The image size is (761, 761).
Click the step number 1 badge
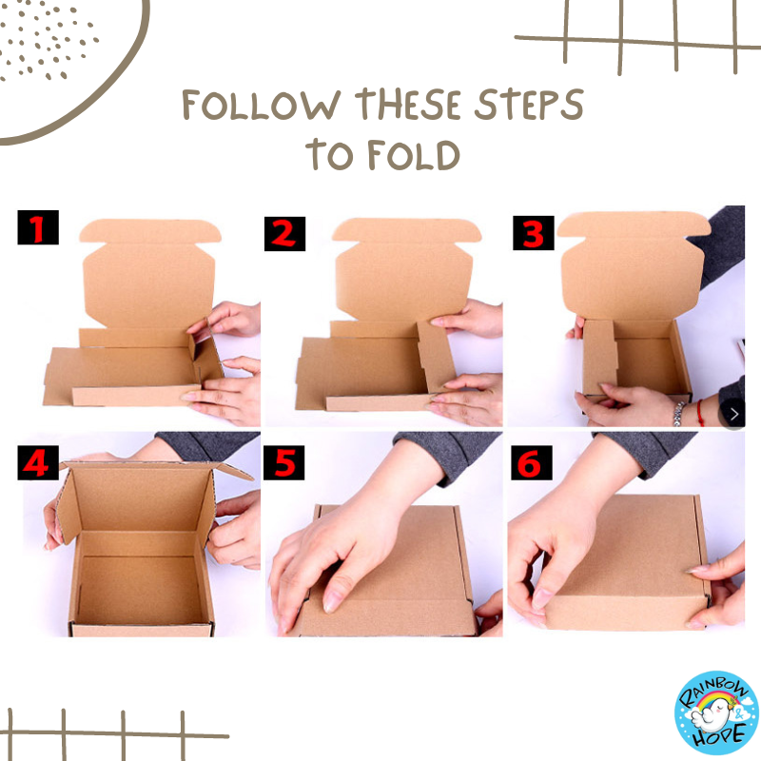click(x=38, y=227)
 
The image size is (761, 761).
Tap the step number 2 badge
click(x=284, y=234)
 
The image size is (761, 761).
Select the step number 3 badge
click(x=534, y=233)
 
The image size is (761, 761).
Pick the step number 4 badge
click(x=38, y=462)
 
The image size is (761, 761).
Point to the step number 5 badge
click(x=283, y=462)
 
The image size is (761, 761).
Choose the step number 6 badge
click(x=532, y=462)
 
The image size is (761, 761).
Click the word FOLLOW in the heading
click(x=261, y=105)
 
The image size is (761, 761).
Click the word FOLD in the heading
click(x=414, y=155)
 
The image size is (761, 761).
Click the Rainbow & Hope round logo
click(x=716, y=712)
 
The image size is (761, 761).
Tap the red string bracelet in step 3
click(x=700, y=413)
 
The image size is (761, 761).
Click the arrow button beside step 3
click(x=733, y=414)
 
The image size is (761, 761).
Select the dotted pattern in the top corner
click(x=46, y=40)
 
